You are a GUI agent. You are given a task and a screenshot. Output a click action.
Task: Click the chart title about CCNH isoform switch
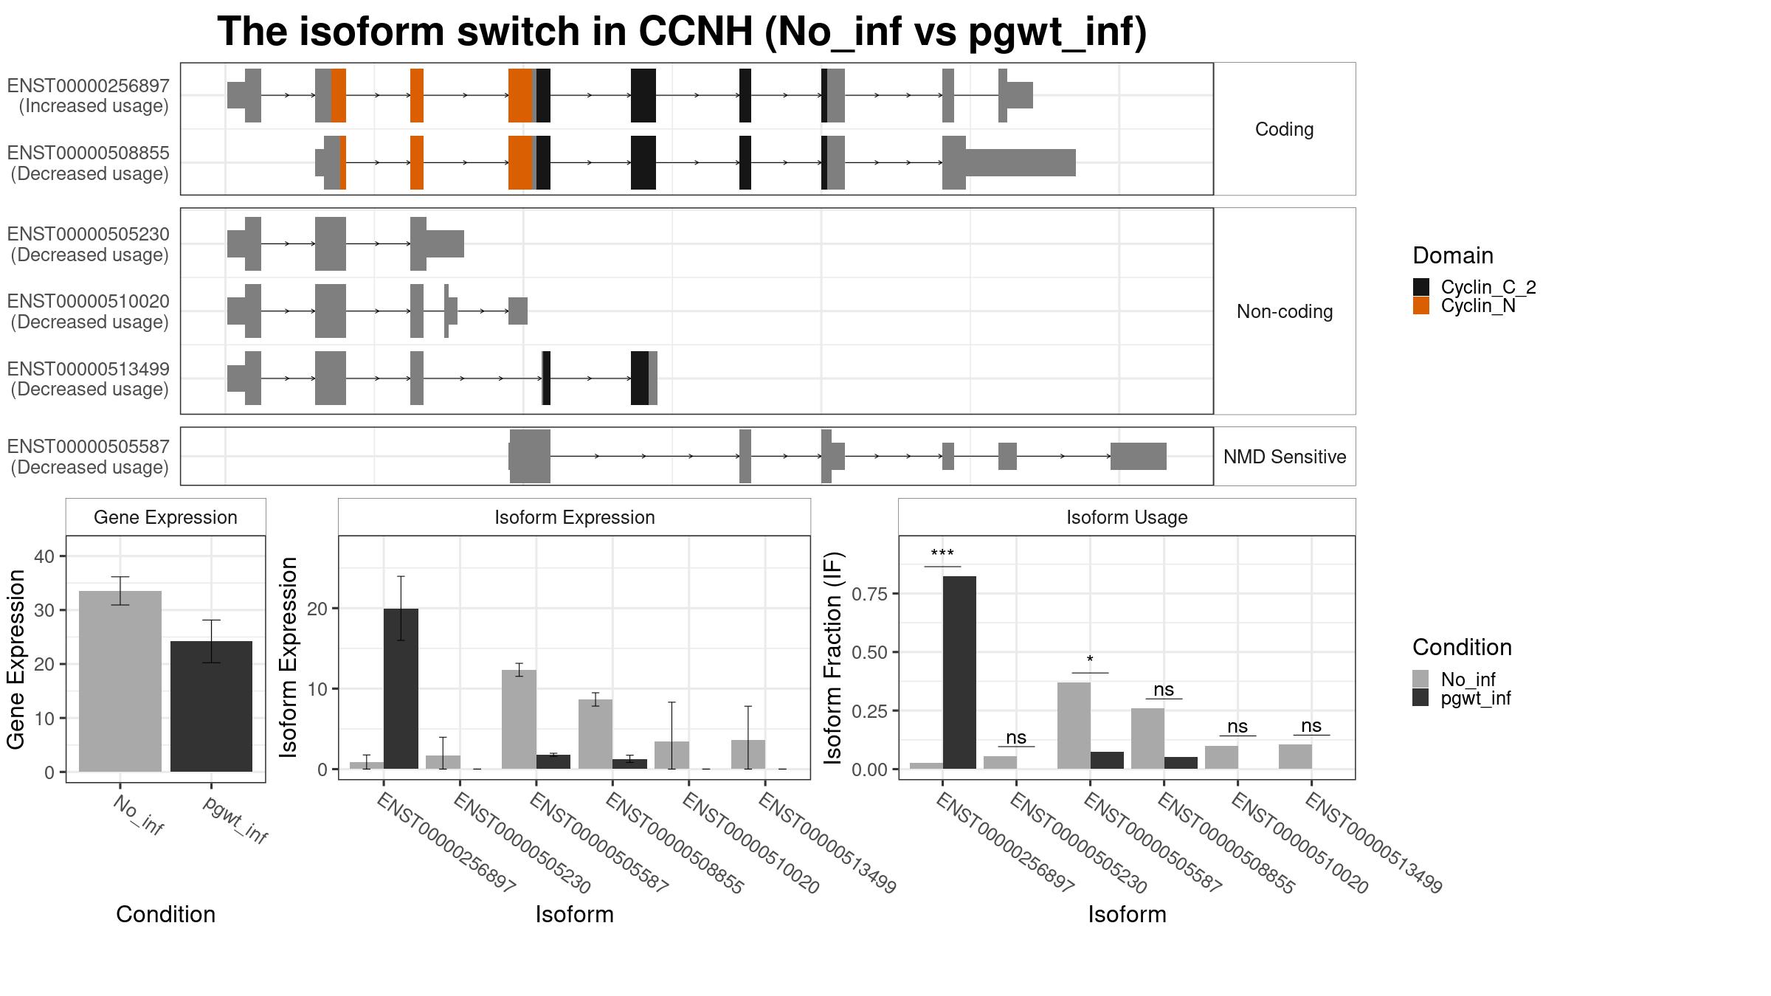(x=682, y=32)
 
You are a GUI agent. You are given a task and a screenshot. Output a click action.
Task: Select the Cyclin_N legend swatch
(x=1421, y=306)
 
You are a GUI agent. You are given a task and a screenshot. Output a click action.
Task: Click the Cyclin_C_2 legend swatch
(x=1421, y=287)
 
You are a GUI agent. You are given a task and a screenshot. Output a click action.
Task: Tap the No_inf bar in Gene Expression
(x=120, y=682)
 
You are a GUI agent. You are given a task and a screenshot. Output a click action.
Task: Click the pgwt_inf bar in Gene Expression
(x=211, y=707)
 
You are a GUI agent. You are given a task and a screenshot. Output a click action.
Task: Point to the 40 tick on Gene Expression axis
(x=44, y=556)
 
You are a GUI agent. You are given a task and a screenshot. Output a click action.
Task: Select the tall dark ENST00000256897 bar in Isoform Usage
(x=959, y=673)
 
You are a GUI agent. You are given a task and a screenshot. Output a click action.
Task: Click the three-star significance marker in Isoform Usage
(x=942, y=554)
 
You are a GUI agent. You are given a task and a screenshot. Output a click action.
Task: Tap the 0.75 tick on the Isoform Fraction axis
(x=871, y=594)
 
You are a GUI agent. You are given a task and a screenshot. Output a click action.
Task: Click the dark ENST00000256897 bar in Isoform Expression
(x=401, y=689)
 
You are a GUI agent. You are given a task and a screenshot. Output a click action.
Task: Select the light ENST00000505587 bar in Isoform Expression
(x=519, y=719)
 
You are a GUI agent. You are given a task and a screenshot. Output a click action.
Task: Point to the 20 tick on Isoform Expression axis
(x=317, y=609)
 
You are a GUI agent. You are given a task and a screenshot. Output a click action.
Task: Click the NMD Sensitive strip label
(x=1285, y=457)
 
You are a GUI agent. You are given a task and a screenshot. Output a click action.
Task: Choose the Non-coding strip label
(x=1285, y=311)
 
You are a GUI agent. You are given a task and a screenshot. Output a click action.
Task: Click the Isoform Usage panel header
(x=1127, y=517)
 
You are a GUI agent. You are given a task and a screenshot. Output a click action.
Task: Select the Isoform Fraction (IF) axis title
(x=833, y=657)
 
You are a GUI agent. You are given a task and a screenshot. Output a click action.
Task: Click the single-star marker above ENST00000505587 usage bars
(x=1090, y=660)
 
